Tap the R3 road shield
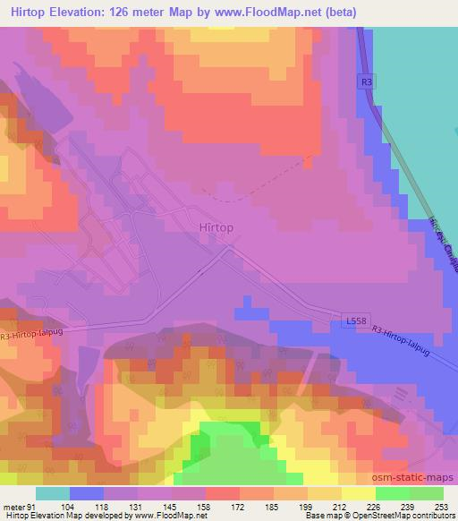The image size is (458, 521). pyautogui.click(x=366, y=82)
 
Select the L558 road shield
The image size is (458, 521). pyautogui.click(x=355, y=319)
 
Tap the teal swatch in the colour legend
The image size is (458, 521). pyautogui.click(x=53, y=493)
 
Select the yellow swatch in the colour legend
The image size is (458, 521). pyautogui.click(x=358, y=493)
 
